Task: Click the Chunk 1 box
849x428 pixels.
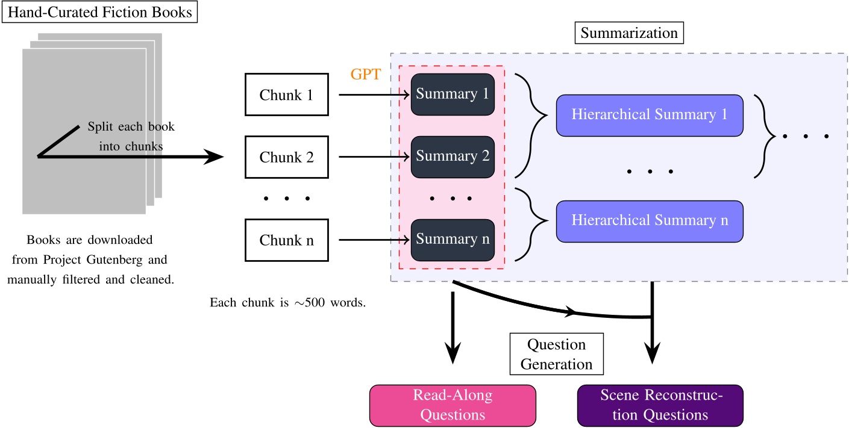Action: tap(286, 95)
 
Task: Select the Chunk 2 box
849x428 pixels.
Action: tap(286, 157)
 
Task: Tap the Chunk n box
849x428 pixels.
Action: tap(286, 241)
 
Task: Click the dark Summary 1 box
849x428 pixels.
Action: tap(453, 94)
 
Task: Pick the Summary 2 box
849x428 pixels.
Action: tap(453, 157)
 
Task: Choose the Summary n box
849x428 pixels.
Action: tap(453, 240)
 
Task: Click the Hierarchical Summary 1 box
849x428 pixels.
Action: tap(649, 115)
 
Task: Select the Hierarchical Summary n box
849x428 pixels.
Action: tap(649, 220)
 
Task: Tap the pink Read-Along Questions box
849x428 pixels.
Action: tap(453, 405)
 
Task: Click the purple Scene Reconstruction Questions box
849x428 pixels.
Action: tap(660, 405)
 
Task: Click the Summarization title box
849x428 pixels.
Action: tap(629, 33)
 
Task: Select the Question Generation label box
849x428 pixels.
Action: tap(557, 355)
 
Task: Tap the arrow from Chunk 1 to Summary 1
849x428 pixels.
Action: tap(374, 95)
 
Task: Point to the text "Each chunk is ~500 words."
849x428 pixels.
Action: tap(288, 303)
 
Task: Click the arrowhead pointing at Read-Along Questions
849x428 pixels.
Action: tap(453, 355)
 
